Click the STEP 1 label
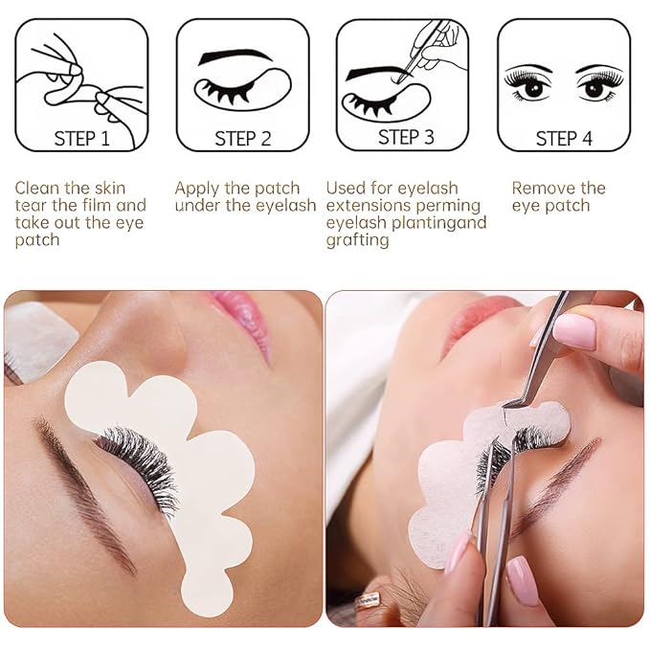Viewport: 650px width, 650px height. point(81,139)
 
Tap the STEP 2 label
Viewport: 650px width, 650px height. point(242,139)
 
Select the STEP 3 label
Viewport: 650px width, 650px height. point(405,137)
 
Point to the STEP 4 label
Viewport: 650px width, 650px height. point(564,139)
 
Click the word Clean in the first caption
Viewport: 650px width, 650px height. point(38,189)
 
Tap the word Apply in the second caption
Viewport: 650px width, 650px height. point(198,189)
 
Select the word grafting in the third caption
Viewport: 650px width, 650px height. point(357,240)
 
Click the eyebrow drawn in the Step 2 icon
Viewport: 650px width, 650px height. point(234,57)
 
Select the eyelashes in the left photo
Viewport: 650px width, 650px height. point(139,459)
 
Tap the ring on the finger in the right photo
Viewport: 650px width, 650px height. point(368,599)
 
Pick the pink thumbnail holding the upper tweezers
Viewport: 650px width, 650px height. point(573,330)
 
